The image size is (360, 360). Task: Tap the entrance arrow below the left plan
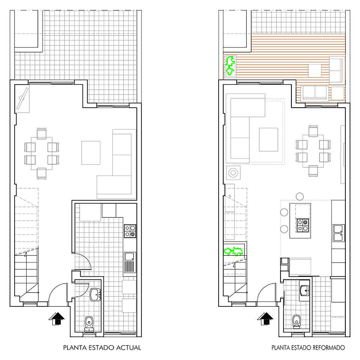pyautogui.click(x=57, y=319)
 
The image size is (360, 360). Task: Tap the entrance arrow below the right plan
pyautogui.click(x=265, y=319)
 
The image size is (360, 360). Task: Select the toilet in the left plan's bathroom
pyautogui.click(x=89, y=324)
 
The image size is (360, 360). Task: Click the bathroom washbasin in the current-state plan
pyautogui.click(x=95, y=295)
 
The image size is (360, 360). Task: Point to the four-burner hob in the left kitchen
pyautogui.click(x=130, y=231)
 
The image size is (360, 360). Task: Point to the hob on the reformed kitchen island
pyautogui.click(x=303, y=225)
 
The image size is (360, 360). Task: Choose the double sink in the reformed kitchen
pyautogui.click(x=339, y=233)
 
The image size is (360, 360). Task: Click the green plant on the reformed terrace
pyautogui.click(x=230, y=65)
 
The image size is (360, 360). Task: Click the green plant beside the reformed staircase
pyautogui.click(x=234, y=251)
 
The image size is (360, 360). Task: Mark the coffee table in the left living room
pyautogui.click(x=91, y=153)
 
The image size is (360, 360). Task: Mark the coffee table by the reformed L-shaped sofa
pyautogui.click(x=268, y=139)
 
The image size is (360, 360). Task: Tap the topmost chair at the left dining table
pyautogui.click(x=42, y=133)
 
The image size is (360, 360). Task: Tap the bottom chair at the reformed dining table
pyautogui.click(x=313, y=171)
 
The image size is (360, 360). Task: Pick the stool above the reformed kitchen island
pyautogui.click(x=300, y=196)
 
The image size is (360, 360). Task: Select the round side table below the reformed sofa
pyautogui.click(x=233, y=172)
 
